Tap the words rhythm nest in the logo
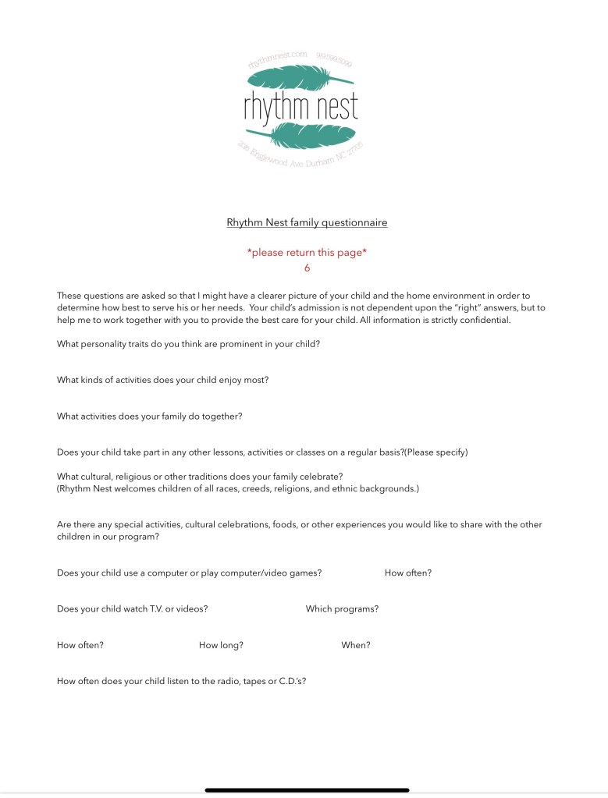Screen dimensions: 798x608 [x=301, y=105]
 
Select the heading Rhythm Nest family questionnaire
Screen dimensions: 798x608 [x=307, y=222]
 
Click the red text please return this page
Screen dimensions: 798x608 [x=307, y=253]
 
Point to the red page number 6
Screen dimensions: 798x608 [x=307, y=268]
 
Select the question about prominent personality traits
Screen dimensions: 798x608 [x=188, y=344]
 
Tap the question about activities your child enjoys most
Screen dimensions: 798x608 [x=163, y=380]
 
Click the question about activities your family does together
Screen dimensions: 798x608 [x=150, y=416]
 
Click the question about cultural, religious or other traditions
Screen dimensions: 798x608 [x=201, y=476]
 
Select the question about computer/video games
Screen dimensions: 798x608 [x=190, y=573]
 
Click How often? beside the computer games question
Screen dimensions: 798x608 [x=407, y=573]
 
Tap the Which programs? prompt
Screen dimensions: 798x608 [x=342, y=608]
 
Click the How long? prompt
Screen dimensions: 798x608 [x=221, y=645]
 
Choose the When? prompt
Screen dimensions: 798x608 [x=356, y=645]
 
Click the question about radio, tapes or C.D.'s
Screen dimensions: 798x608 [x=182, y=681]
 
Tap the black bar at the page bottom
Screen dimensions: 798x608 [x=307, y=789]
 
